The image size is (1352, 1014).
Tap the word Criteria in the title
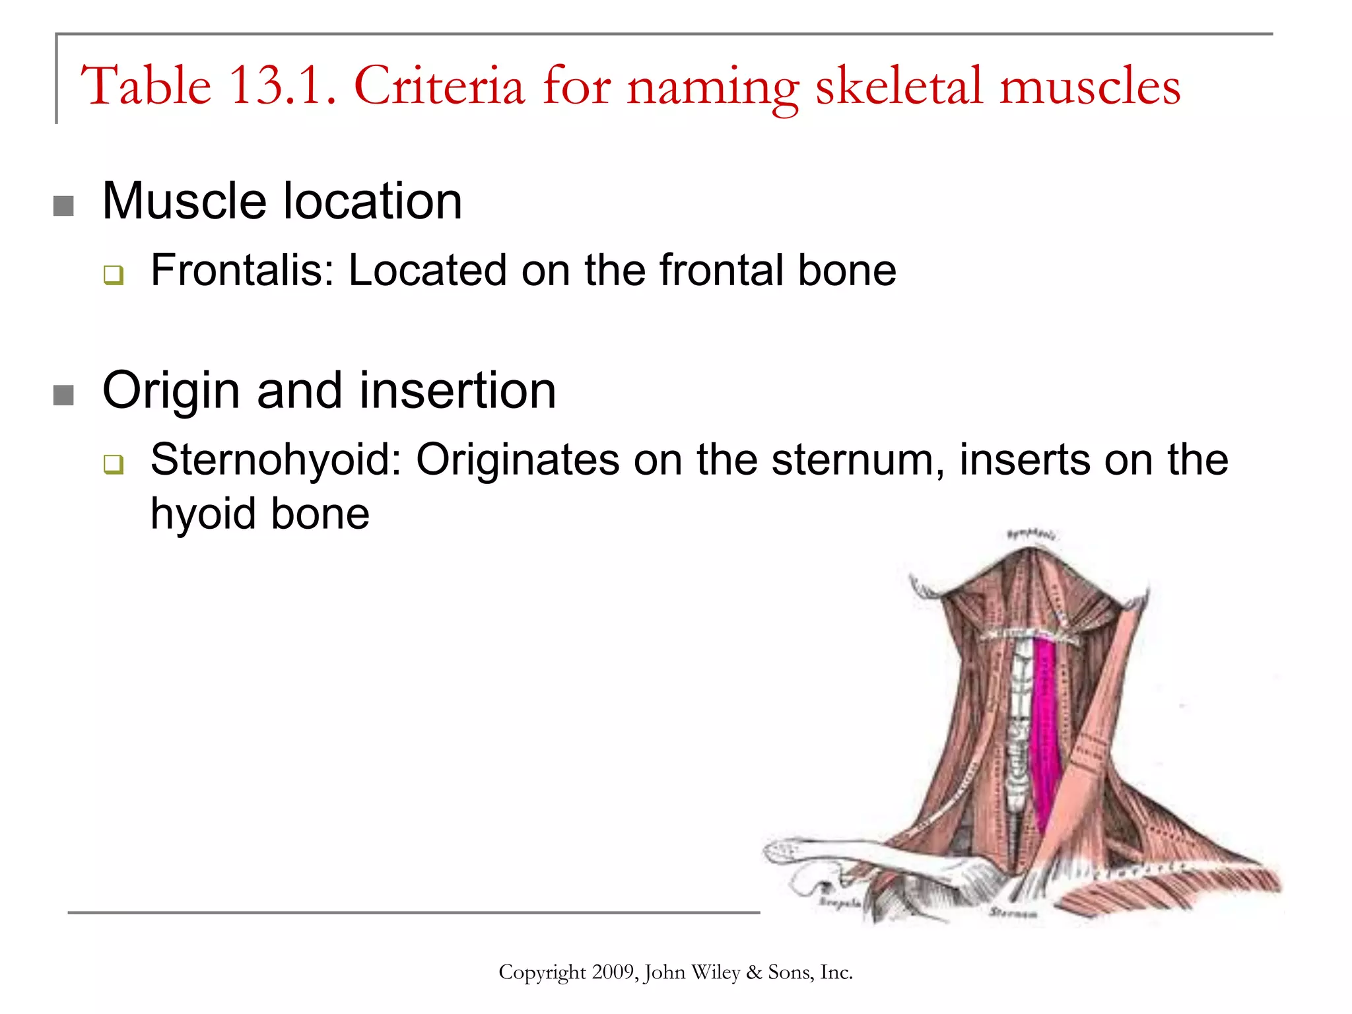(x=439, y=86)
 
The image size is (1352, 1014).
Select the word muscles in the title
(x=1089, y=86)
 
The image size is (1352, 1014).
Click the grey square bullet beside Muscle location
(x=63, y=206)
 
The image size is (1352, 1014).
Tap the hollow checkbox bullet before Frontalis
(x=114, y=275)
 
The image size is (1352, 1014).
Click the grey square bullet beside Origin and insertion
(x=63, y=395)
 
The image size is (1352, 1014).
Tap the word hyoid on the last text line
(x=204, y=514)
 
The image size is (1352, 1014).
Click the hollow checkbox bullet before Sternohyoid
(x=114, y=464)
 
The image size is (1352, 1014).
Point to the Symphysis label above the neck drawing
(x=1031, y=533)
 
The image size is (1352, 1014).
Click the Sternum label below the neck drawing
(x=1013, y=914)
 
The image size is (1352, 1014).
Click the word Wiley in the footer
(x=716, y=972)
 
